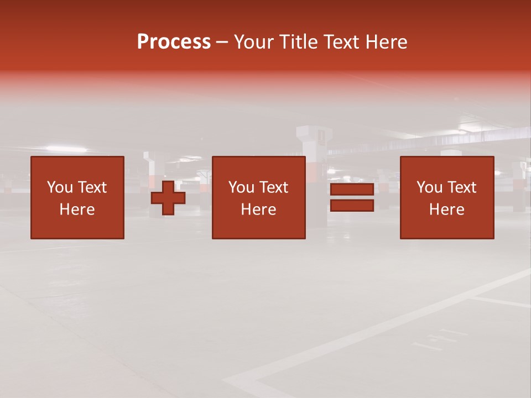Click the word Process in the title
click(x=174, y=42)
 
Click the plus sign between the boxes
click(x=168, y=197)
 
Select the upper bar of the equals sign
click(x=352, y=189)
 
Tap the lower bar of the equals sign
click(x=352, y=205)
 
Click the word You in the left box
click(x=60, y=187)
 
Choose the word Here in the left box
click(x=77, y=210)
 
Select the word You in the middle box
click(x=241, y=187)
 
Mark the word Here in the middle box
click(x=258, y=210)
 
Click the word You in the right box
click(x=429, y=187)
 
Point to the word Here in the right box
click(x=446, y=210)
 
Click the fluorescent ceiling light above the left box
click(x=66, y=149)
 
